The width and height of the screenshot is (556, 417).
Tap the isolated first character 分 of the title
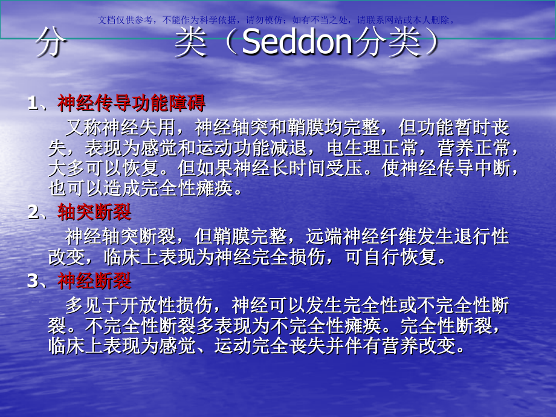click(x=49, y=44)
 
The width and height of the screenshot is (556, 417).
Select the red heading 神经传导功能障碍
click(x=131, y=103)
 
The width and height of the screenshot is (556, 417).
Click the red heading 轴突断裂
click(x=94, y=212)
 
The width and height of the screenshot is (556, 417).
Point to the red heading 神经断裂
click(x=94, y=281)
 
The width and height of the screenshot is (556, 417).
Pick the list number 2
click(x=33, y=213)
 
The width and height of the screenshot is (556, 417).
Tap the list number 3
click(x=33, y=282)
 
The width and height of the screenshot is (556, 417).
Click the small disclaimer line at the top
click(x=278, y=19)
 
